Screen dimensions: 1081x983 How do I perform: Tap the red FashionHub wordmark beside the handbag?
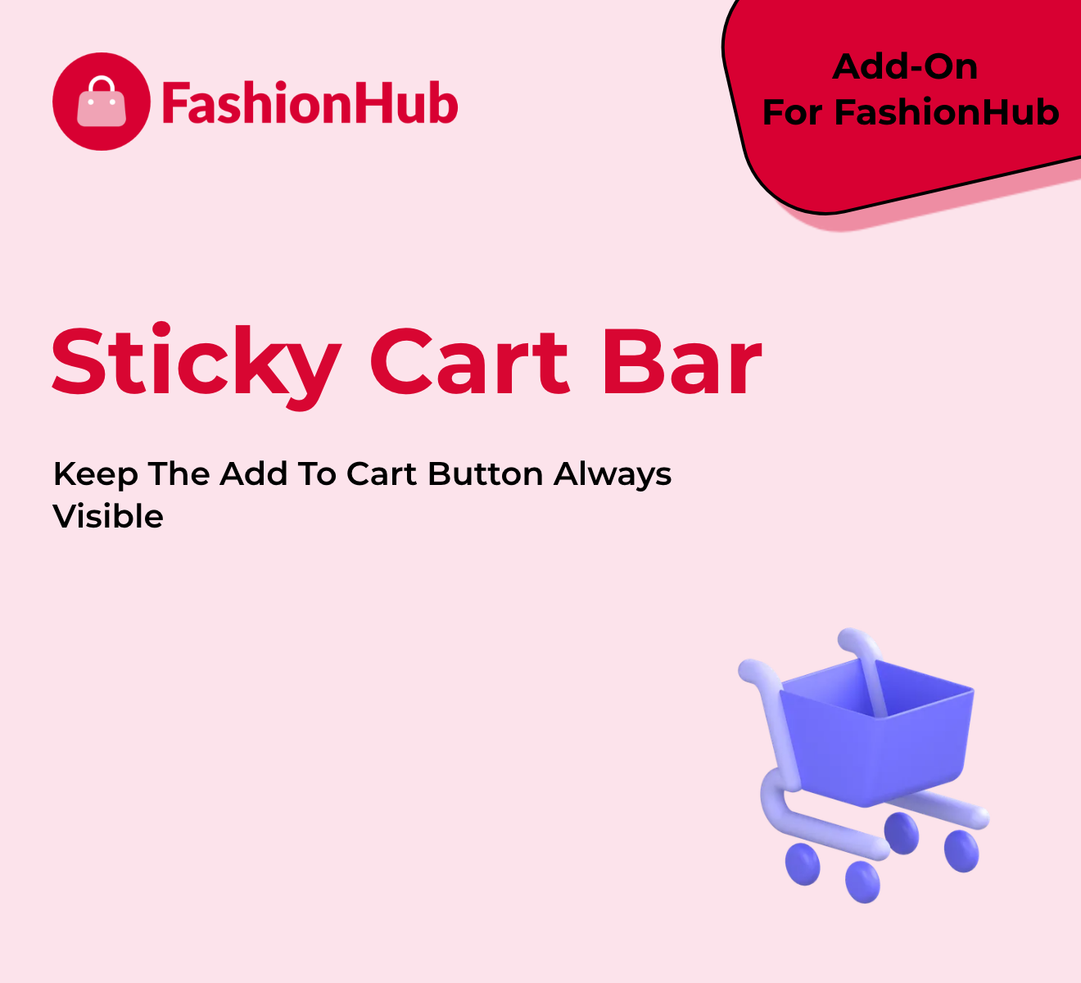point(310,102)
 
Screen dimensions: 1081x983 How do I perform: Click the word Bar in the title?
point(681,362)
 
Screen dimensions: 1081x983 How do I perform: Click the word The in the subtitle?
point(179,474)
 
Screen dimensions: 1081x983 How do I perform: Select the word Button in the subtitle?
point(485,474)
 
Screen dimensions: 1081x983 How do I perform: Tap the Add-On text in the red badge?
point(905,67)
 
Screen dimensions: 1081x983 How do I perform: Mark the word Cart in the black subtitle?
point(381,474)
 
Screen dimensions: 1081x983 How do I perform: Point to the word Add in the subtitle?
point(253,474)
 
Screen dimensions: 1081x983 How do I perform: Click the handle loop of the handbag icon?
point(102,84)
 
